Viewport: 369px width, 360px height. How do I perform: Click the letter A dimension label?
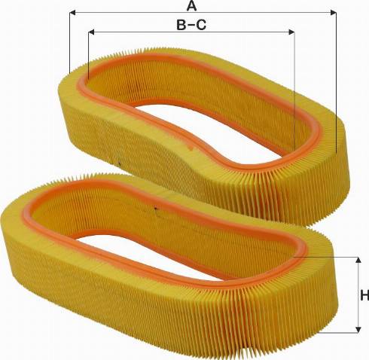point(192,5)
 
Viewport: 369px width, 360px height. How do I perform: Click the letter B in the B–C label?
point(181,25)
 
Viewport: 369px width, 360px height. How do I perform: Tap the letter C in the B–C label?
point(201,25)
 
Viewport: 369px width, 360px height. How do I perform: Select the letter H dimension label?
point(364,295)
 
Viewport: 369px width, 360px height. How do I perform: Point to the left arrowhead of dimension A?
point(72,13)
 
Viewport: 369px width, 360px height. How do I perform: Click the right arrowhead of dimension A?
point(333,13)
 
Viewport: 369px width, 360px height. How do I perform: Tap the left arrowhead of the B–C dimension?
point(91,32)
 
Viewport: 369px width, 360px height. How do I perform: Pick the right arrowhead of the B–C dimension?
point(291,32)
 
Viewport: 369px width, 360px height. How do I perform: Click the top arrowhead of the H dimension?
point(358,260)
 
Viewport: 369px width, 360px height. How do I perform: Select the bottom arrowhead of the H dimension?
point(358,330)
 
